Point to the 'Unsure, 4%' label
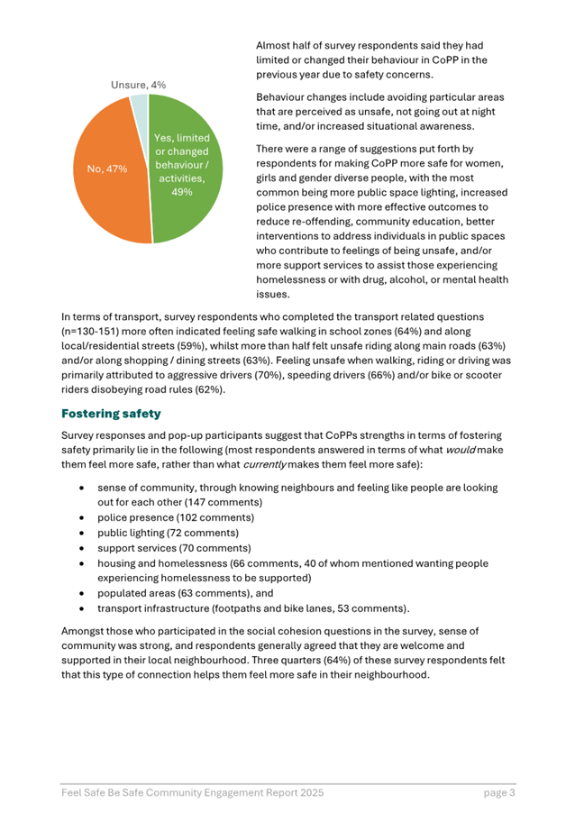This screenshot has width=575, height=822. (137, 84)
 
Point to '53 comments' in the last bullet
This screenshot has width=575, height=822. (371, 609)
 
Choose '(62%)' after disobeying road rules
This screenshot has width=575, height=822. (206, 389)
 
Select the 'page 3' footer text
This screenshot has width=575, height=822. (497, 793)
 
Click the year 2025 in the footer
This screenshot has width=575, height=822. (306, 793)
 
